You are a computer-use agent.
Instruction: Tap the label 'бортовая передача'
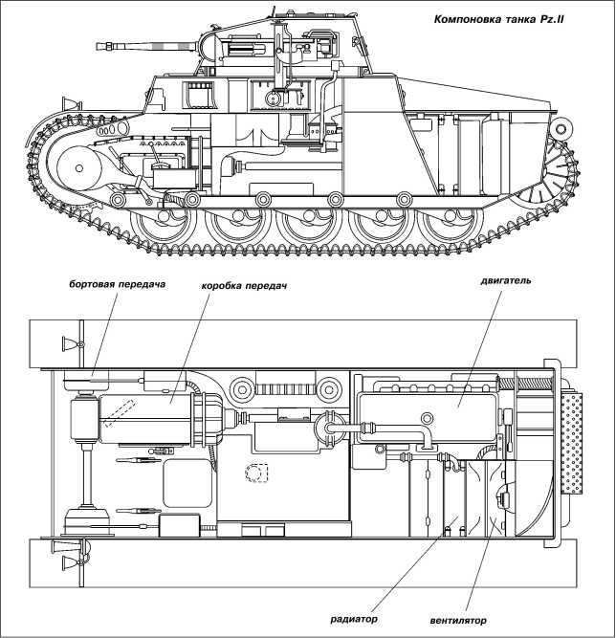pyautogui.click(x=116, y=285)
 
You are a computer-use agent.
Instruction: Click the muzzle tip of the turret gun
pyautogui.click(x=99, y=45)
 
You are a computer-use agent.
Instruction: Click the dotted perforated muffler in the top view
pyautogui.click(x=574, y=443)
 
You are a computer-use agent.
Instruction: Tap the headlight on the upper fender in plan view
pyautogui.click(x=69, y=343)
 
